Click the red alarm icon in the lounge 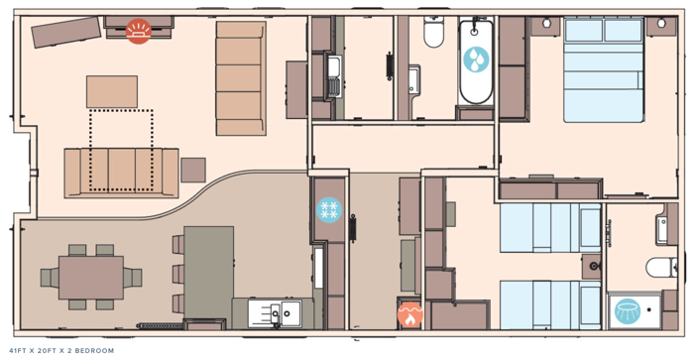(139, 32)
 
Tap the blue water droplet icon (476, 60)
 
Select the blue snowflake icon (328, 209)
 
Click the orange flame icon (409, 314)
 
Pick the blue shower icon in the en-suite (628, 310)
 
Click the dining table (90, 278)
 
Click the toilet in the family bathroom (433, 35)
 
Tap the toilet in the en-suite (660, 267)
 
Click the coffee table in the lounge (112, 91)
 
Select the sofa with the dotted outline (121, 172)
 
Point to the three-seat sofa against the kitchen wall (240, 77)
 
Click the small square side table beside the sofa (193, 170)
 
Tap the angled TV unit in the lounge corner (66, 32)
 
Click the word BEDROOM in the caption (94, 351)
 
